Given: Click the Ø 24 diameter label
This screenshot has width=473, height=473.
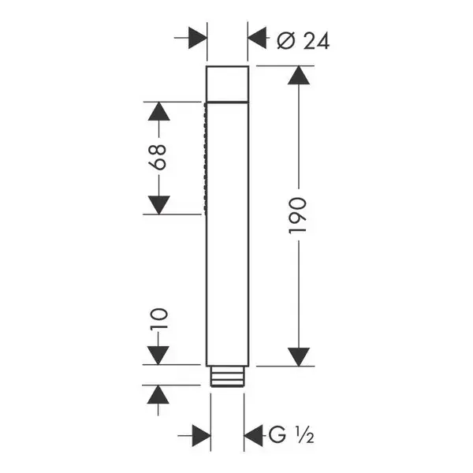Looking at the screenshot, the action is (304, 41).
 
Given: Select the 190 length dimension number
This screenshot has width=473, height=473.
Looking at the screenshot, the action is (298, 215).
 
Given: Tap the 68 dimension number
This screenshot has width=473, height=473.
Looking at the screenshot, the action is (158, 157).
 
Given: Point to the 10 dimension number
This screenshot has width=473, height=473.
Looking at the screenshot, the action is (158, 318).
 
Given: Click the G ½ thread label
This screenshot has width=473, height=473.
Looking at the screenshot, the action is (291, 435).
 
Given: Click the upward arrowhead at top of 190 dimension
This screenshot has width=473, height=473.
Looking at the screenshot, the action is (299, 76).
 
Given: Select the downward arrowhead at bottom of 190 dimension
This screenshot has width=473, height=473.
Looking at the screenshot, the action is (299, 357).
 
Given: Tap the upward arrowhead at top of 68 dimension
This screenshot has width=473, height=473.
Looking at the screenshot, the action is (159, 111).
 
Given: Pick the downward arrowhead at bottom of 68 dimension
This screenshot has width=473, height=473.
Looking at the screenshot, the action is (159, 205).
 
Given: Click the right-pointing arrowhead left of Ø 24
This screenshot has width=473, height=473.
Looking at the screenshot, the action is (198, 38).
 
